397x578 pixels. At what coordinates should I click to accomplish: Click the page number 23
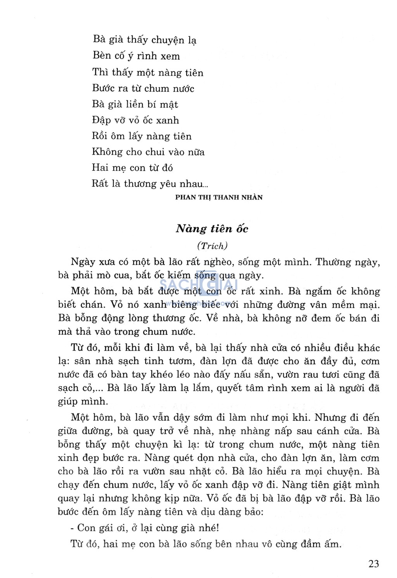click(373, 563)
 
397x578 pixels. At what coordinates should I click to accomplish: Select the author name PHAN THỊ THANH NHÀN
click(219, 197)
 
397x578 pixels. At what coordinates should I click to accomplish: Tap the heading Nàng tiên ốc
click(212, 229)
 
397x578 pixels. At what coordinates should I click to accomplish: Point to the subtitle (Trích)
click(212, 246)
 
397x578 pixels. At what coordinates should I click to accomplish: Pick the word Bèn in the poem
click(102, 56)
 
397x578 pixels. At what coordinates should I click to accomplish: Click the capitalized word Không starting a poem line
click(107, 152)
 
